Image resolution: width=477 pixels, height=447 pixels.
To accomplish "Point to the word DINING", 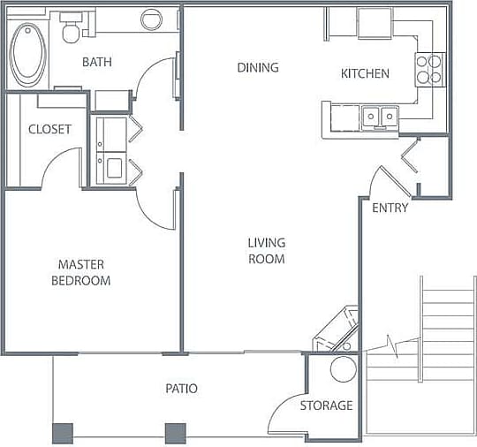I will [x=258, y=68].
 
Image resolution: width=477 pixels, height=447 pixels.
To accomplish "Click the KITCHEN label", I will [x=365, y=73].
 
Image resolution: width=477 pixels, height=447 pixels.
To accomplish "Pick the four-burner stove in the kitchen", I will [x=429, y=69].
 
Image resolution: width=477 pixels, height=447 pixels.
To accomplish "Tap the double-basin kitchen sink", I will [x=380, y=116].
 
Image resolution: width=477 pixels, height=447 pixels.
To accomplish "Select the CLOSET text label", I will [x=49, y=129].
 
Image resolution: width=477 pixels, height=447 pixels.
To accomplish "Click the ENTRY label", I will [x=390, y=208].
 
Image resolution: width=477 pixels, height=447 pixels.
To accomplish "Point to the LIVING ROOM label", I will [x=266, y=251].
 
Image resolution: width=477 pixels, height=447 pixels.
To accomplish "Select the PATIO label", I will [x=181, y=389].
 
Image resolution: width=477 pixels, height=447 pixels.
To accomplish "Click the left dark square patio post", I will [x=63, y=433].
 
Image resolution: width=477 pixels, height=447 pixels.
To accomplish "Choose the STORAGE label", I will [x=326, y=405].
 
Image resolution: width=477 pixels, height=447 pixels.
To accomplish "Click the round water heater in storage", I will [x=343, y=369].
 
